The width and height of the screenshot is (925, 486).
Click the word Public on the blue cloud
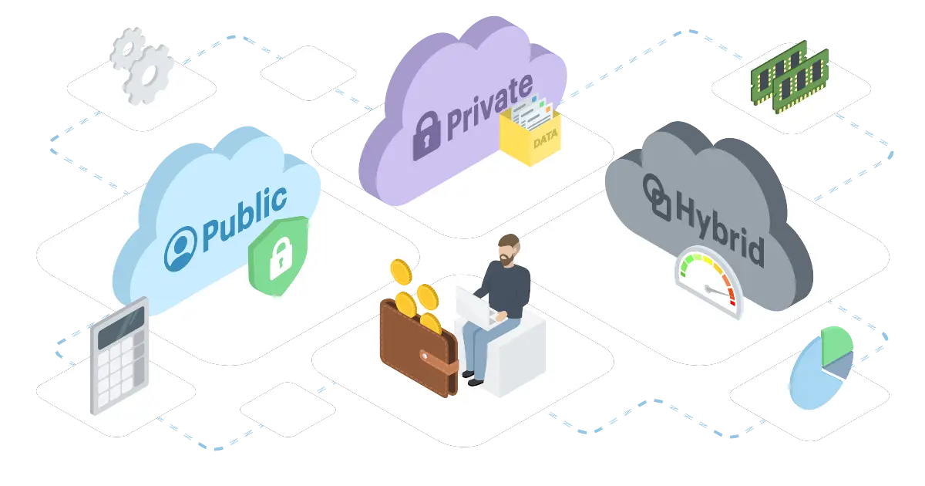[x=244, y=219]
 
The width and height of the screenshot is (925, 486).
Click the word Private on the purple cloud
[x=489, y=106]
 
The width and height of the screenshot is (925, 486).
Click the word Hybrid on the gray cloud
[x=720, y=232]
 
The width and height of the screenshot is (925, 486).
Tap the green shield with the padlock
[x=279, y=256]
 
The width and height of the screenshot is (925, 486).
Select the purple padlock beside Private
[x=427, y=136]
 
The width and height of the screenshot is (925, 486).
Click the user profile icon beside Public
[x=180, y=248]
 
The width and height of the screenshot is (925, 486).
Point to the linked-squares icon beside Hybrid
[x=657, y=197]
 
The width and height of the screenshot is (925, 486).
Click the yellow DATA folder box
[x=530, y=137]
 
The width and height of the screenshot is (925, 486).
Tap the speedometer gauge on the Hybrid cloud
[x=708, y=281]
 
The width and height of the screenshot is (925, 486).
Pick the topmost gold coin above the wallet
[x=401, y=272]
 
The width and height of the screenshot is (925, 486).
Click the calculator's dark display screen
[x=121, y=328]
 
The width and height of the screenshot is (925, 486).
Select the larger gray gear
[x=148, y=74]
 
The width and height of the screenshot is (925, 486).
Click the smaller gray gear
[x=128, y=49]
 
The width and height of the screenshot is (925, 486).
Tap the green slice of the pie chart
[x=836, y=346]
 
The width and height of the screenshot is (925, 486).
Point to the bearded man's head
[x=509, y=250]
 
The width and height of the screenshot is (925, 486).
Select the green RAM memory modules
[x=789, y=77]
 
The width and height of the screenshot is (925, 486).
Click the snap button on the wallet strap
[x=424, y=356]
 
